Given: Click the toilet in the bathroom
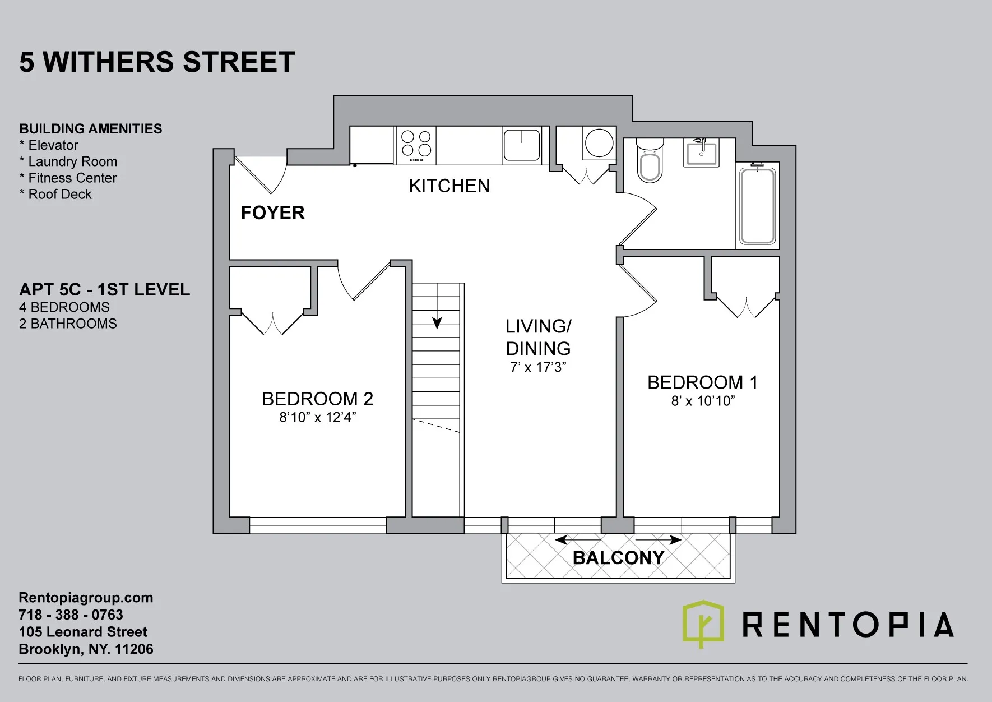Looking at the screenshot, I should click(x=650, y=162).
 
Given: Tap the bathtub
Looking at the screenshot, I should click(x=757, y=206).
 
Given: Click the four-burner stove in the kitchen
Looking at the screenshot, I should click(x=416, y=144).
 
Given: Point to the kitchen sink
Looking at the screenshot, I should click(x=521, y=145).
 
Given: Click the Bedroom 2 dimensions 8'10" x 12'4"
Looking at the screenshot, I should click(x=318, y=418).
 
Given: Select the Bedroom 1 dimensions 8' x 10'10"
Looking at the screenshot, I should click(x=703, y=401).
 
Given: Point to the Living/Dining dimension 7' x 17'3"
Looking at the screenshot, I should click(x=538, y=368).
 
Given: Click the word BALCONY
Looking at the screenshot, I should click(x=618, y=558).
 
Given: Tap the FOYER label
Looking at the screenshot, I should click(x=273, y=213).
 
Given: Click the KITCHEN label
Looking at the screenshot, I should click(x=449, y=186).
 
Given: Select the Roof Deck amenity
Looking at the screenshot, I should click(x=59, y=195).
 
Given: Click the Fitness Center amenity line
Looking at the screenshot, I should click(x=71, y=178).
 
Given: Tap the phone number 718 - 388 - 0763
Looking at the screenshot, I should click(x=71, y=615).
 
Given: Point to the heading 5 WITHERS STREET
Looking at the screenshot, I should click(x=157, y=62).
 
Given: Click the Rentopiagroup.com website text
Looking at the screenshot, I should click(x=86, y=598).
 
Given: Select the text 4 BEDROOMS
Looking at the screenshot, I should click(x=64, y=307).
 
